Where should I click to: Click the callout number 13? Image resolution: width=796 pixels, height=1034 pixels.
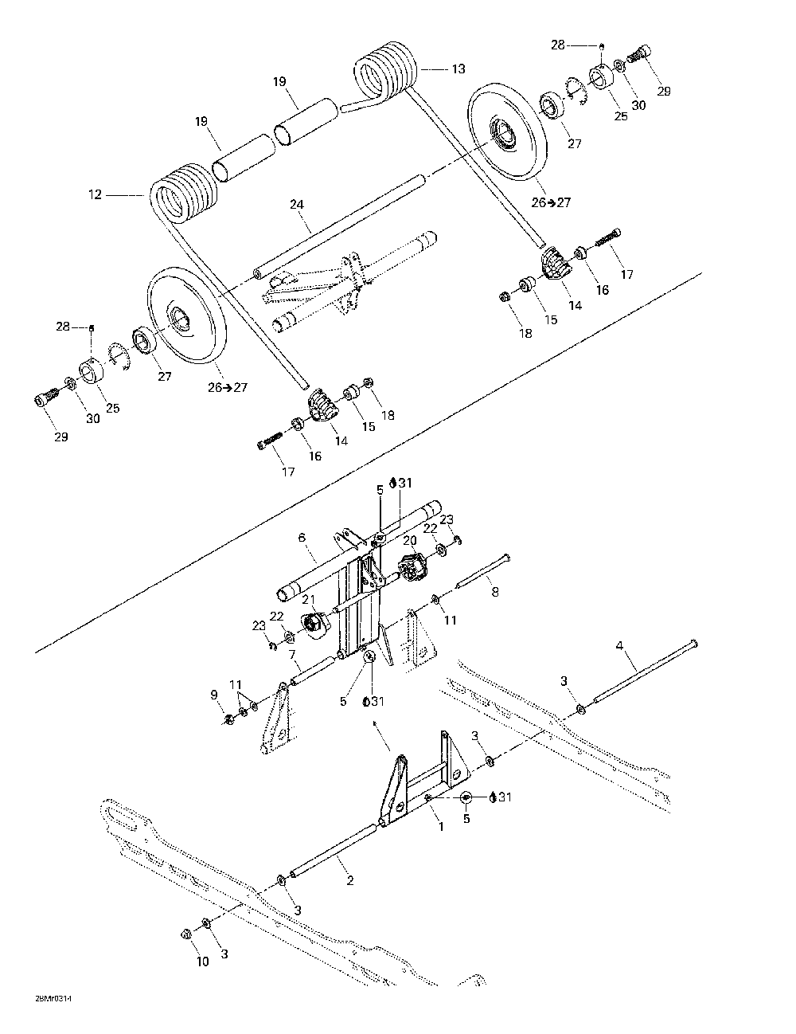(x=458, y=69)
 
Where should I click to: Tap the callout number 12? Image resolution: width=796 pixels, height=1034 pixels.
(x=96, y=194)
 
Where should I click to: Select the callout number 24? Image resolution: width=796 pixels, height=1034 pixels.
(x=296, y=205)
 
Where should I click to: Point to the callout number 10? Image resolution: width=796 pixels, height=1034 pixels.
(x=203, y=962)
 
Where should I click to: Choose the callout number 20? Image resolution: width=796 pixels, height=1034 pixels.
(x=410, y=539)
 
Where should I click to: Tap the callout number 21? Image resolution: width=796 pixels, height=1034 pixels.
(x=308, y=598)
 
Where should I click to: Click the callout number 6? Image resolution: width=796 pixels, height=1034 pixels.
(x=302, y=538)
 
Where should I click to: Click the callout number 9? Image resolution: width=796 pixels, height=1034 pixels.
(x=213, y=695)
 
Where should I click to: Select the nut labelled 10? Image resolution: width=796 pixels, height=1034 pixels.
(x=185, y=933)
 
